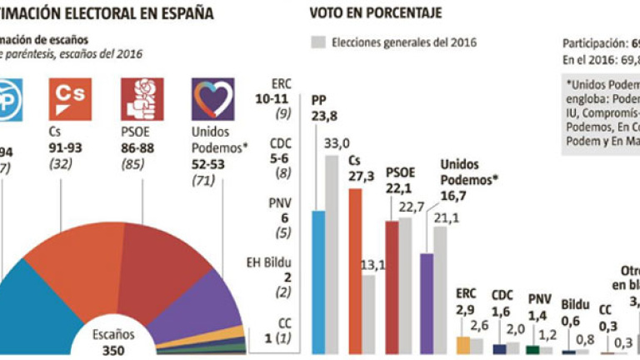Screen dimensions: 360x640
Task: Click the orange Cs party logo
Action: [72, 99]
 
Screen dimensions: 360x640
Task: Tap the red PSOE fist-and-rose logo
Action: [142, 99]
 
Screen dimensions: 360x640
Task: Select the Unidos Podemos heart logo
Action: [213, 99]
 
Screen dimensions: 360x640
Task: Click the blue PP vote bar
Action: [318, 282]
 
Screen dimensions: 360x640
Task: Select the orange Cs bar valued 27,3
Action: [355, 272]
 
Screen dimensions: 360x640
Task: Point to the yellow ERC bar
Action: [463, 345]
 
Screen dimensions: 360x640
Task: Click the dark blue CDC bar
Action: [499, 349]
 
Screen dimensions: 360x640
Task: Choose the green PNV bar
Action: [533, 350]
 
